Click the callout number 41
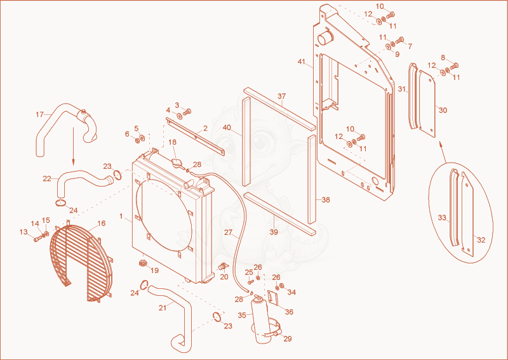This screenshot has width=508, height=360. click(302, 62)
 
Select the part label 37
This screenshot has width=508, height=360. click(282, 97)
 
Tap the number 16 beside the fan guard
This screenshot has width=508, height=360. click(102, 223)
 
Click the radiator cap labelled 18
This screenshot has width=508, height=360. click(177, 163)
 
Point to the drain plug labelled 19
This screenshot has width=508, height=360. click(142, 262)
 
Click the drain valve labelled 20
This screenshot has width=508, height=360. click(223, 267)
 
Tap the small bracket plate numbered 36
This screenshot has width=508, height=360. click(273, 298)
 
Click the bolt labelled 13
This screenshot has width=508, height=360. click(37, 239)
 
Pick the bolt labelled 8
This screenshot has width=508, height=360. click(455, 65)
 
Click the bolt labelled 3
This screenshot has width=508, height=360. click(187, 112)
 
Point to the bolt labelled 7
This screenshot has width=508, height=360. click(399, 40)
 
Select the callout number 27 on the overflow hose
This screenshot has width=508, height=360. click(229, 232)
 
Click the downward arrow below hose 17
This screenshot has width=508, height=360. click(73, 146)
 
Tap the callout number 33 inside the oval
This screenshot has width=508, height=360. click(442, 218)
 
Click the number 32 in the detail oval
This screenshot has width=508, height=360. click(481, 240)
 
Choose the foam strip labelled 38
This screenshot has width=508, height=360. click(312, 180)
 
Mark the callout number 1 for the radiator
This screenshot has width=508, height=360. click(121, 216)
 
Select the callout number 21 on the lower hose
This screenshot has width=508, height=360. click(163, 307)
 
